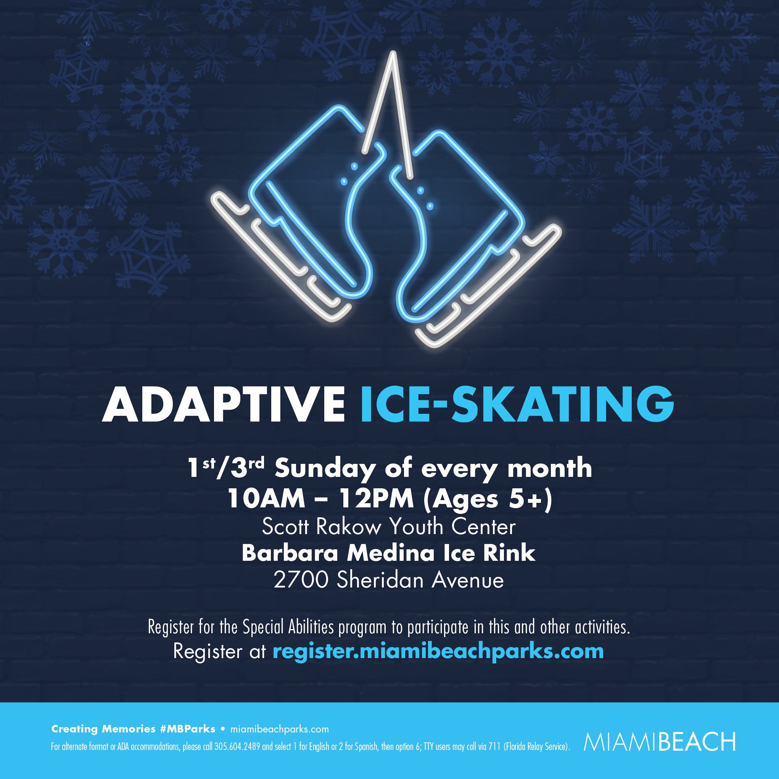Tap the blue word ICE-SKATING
point(517,404)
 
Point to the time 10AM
point(266,499)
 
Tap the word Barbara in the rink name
point(290,553)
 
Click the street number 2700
point(300,581)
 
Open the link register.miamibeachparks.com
point(438,651)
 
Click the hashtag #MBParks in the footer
point(187,729)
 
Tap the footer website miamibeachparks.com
point(279,729)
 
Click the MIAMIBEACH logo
point(659,742)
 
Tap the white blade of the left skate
point(278,262)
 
